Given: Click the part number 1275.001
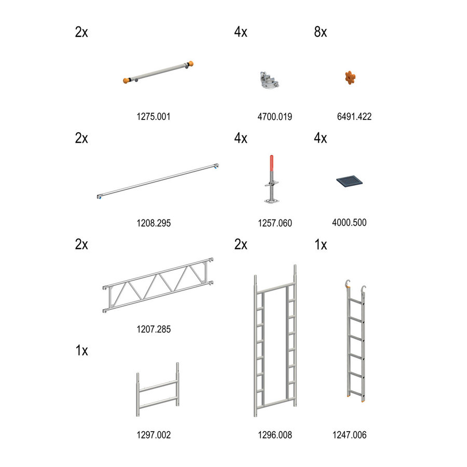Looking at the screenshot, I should pos(153,117).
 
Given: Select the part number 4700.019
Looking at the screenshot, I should pos(274,117).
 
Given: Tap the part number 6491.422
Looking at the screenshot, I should pos(354,117).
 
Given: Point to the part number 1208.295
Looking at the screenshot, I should pos(153,223).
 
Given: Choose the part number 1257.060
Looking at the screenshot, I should pos(274,223).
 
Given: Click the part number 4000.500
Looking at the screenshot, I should pos(349,223).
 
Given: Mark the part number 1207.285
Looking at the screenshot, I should pos(153,329).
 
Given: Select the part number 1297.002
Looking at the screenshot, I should pos(153,435).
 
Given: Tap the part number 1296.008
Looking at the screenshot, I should pos(274,435).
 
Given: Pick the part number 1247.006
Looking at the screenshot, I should pos(349,435).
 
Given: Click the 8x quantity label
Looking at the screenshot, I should pos(320,32).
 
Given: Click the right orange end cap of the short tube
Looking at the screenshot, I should pos(191,65).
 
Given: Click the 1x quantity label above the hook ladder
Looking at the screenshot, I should pos(321,245).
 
